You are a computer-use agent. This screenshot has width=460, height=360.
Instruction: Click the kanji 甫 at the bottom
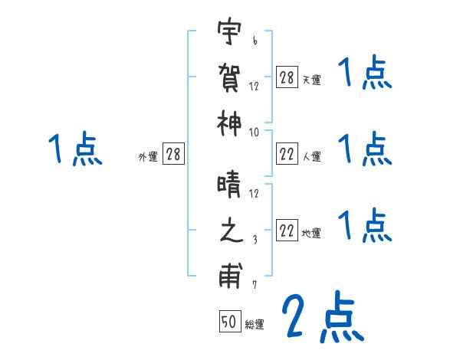229,275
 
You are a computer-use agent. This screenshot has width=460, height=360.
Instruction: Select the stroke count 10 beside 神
254,133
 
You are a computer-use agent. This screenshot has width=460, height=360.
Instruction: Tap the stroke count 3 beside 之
255,239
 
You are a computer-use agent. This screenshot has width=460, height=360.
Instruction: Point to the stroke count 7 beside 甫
255,284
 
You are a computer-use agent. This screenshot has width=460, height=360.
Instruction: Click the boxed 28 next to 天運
287,77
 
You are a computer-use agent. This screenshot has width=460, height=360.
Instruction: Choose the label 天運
311,80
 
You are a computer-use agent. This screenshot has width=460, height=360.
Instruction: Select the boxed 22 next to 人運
287,155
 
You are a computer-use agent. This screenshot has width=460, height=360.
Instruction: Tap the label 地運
311,234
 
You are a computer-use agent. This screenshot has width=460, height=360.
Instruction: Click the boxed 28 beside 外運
173,155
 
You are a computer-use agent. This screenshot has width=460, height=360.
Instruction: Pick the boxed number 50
229,322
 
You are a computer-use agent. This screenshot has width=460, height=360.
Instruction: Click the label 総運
255,325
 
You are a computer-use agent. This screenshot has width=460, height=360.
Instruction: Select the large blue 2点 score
322,318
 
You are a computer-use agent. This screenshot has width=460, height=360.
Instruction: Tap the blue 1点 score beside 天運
364,75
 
